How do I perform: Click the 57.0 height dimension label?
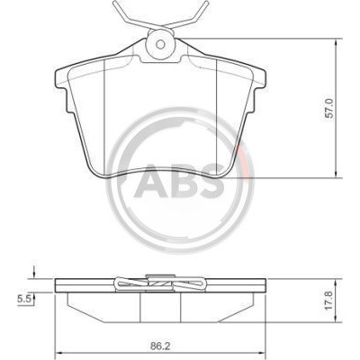329,108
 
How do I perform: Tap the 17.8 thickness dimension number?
329,301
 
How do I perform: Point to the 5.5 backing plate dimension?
22,299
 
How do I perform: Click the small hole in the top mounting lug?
161,44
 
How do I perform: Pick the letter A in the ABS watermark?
150,183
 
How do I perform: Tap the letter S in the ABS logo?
209,183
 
